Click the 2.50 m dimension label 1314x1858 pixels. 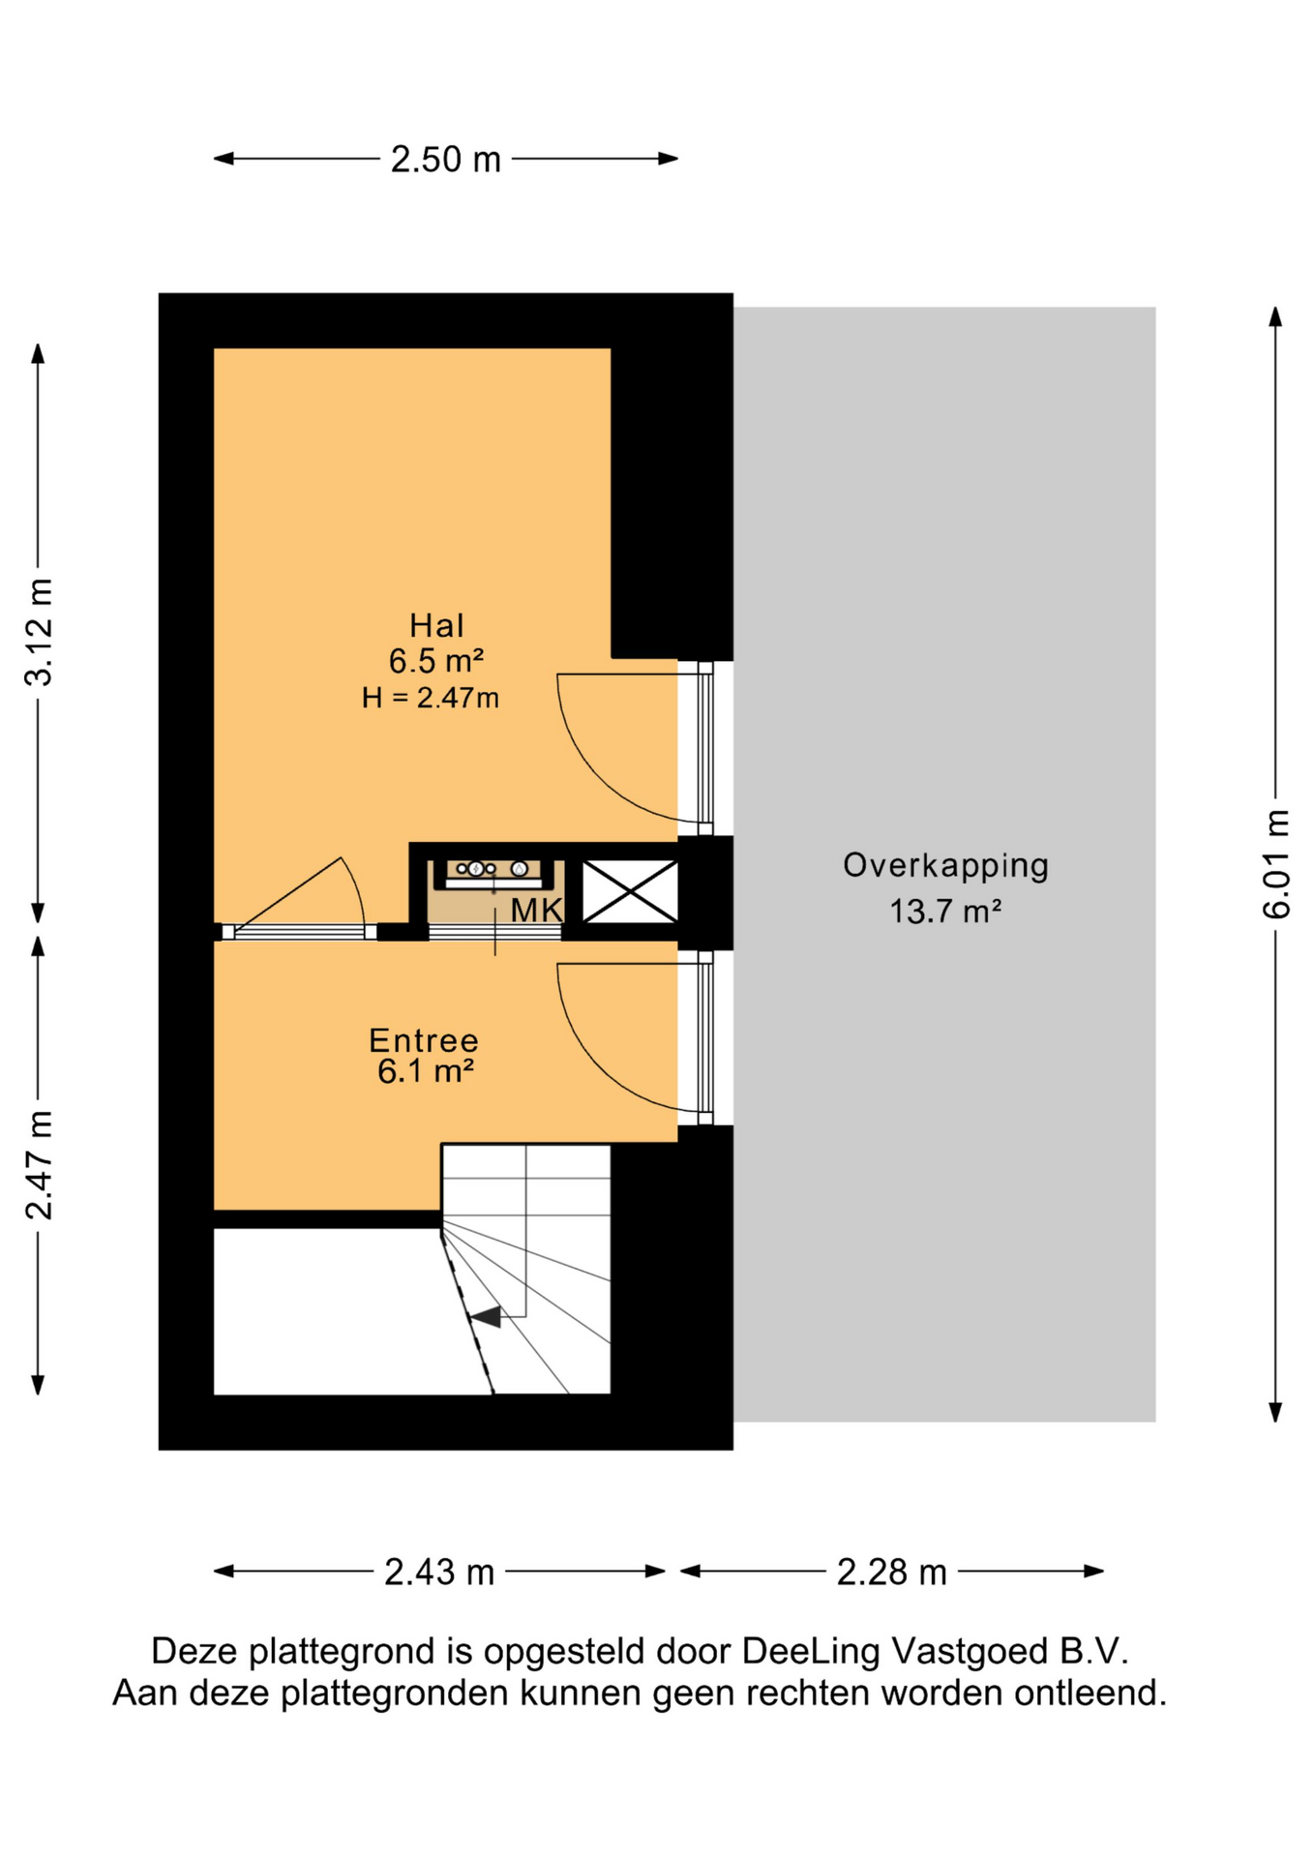[x=446, y=160]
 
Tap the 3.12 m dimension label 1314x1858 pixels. [x=40, y=632]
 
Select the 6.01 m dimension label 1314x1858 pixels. [x=1276, y=864]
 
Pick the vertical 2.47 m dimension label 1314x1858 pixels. [x=40, y=1165]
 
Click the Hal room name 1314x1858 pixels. [x=436, y=626]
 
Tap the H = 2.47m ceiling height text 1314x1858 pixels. [x=431, y=698]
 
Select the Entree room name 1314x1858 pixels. [x=424, y=1040]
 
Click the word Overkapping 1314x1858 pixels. [x=945, y=866]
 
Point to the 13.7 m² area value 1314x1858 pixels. [x=945, y=912]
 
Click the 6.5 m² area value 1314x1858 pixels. [x=436, y=662]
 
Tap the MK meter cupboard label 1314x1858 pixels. [x=537, y=910]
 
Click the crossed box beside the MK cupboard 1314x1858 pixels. [x=630, y=891]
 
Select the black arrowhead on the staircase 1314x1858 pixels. [x=486, y=1316]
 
